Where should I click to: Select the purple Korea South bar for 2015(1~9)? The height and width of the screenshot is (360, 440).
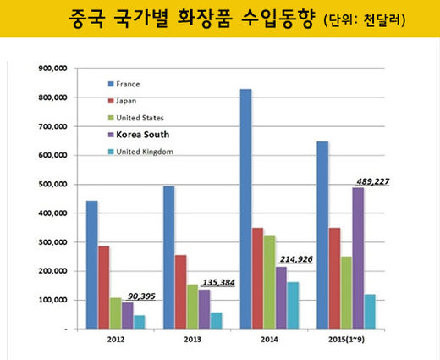(358, 258)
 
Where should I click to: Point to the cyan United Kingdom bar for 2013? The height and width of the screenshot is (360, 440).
(216, 320)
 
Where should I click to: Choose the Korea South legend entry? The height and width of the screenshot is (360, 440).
(142, 134)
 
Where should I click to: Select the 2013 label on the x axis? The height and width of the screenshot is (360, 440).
(192, 340)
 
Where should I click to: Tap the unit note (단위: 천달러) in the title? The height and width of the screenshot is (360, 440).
(365, 19)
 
